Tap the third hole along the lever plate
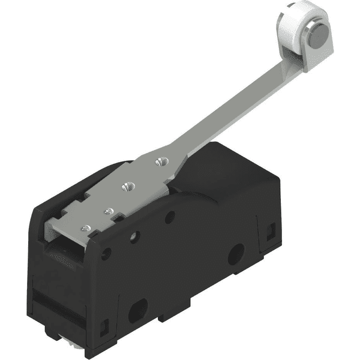click(x=109, y=211)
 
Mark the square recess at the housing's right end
click(x=271, y=229)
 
